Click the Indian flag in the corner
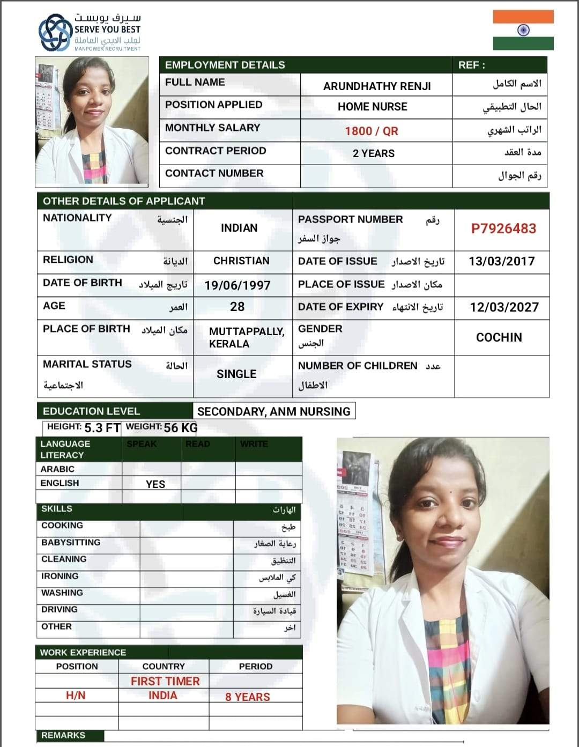tap(523, 30)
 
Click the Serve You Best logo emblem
tap(56, 33)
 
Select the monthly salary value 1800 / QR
tap(371, 131)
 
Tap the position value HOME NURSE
tap(372, 107)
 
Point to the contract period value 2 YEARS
tap(373, 153)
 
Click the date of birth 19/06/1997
tap(237, 285)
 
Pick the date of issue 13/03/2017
tap(501, 261)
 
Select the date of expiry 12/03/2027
tap(504, 307)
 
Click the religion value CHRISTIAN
tap(241, 261)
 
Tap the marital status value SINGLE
tap(236, 374)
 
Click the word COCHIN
tap(499, 337)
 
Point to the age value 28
tap(237, 307)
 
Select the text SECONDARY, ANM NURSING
tap(273, 411)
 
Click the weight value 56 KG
tap(181, 427)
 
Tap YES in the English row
tap(155, 484)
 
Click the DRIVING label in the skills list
tap(60, 610)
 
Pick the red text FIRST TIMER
tap(165, 681)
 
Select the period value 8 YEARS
tap(247, 697)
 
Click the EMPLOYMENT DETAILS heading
tap(225, 65)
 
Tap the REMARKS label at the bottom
tap(63, 735)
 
